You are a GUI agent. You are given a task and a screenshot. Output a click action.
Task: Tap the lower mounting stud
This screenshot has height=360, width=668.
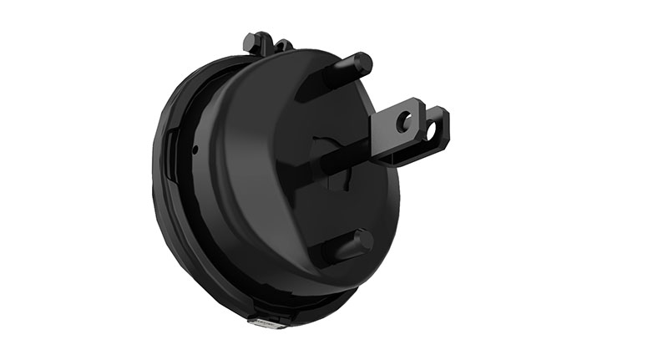346,246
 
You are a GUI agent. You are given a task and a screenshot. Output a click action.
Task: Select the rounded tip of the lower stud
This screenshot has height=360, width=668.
365,241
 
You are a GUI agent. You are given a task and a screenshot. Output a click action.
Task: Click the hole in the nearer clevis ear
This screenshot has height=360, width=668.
405,122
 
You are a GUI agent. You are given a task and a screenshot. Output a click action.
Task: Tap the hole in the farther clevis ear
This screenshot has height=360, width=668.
433,129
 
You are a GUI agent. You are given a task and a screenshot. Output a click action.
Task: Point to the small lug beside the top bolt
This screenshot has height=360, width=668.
284,45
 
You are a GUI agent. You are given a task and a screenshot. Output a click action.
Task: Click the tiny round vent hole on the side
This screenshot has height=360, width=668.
195,150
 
